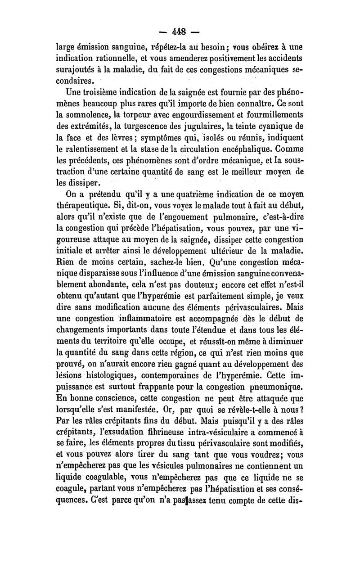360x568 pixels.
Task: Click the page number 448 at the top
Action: tap(180, 33)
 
